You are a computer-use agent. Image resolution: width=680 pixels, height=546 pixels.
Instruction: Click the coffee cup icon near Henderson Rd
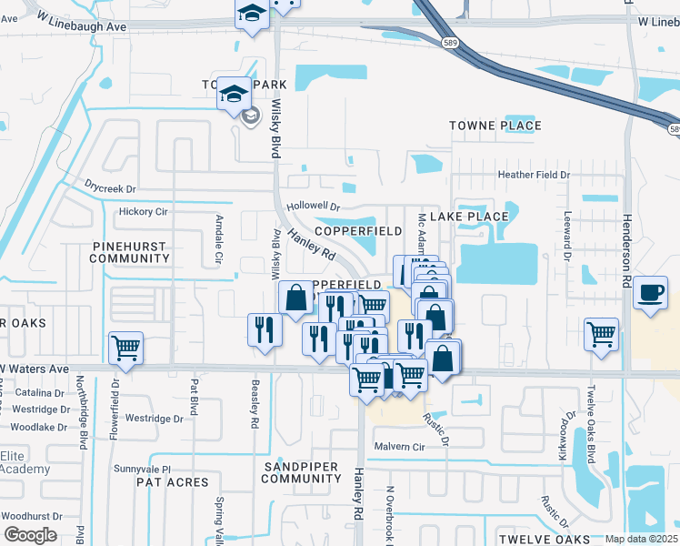(650, 294)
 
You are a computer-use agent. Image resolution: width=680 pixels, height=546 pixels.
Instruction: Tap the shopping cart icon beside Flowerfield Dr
(125, 348)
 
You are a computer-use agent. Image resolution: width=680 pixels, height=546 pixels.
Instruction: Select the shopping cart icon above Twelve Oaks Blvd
(601, 334)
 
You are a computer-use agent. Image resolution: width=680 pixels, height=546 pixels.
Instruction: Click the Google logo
(30, 534)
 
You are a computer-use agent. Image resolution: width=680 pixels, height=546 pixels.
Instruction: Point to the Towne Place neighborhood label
(495, 126)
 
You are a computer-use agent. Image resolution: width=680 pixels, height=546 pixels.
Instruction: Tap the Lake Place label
(468, 217)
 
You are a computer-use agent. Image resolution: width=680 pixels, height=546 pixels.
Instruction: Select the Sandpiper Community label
(300, 472)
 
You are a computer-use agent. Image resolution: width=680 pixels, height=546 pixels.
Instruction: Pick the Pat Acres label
(173, 482)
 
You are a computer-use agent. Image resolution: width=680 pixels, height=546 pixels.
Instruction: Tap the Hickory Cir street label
(144, 212)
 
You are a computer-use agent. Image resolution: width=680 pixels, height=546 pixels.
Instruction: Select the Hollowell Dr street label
(312, 207)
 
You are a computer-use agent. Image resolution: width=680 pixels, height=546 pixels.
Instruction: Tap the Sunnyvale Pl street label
(142, 469)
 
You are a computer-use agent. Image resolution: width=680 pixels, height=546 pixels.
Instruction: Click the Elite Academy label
(25, 462)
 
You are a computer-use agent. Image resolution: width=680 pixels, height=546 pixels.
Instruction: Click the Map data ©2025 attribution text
(641, 539)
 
